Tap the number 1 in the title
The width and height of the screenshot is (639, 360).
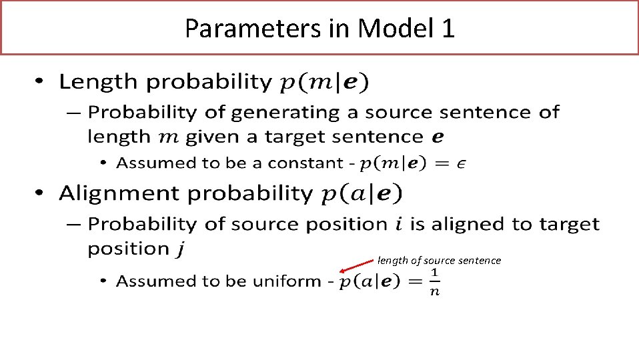pyautogui.click(x=447, y=28)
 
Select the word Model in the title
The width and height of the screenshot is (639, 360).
pyautogui.click(x=396, y=28)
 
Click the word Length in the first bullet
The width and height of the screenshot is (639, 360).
pyautogui.click(x=99, y=82)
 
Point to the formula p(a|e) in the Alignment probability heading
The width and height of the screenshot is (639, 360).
pyautogui.click(x=362, y=194)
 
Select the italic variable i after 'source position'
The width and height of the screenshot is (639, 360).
pyautogui.click(x=399, y=224)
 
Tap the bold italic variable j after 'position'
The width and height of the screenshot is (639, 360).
pyautogui.click(x=179, y=249)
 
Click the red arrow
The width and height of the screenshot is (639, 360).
pyautogui.click(x=357, y=266)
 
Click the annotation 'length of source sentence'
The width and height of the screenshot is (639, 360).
pyautogui.click(x=439, y=261)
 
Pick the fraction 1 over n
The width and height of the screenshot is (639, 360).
pyautogui.click(x=434, y=283)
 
